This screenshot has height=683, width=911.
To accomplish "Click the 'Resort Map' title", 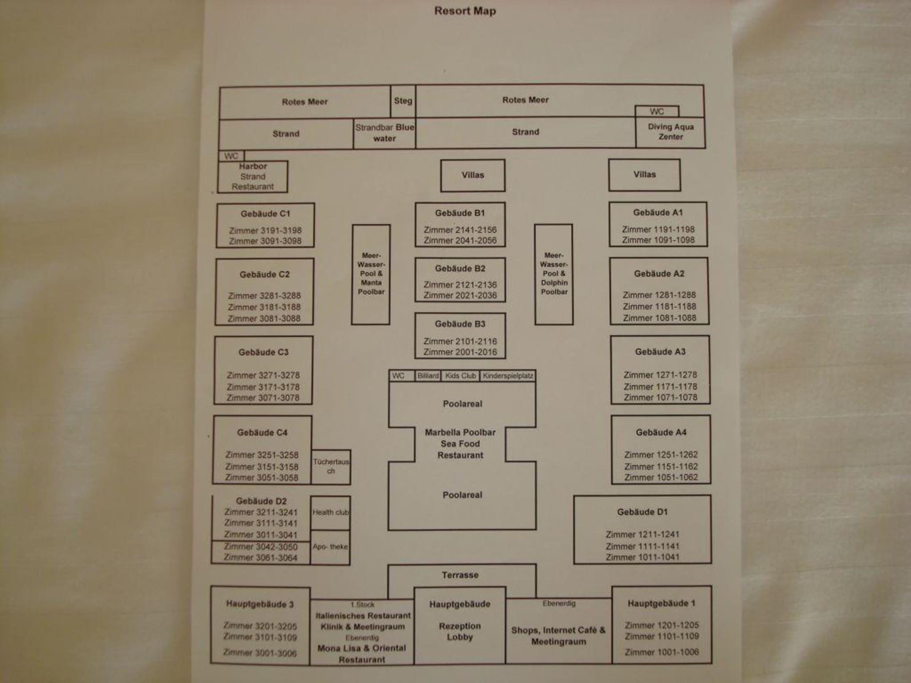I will tap(465, 11).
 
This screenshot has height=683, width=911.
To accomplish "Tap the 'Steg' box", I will tap(403, 101).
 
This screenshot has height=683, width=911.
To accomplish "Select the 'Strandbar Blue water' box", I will tap(384, 133).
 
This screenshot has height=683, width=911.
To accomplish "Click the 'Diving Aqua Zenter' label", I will tap(671, 132).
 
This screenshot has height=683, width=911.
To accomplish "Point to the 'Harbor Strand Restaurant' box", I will tap(253, 177).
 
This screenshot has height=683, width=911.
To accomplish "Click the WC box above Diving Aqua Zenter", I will tap(657, 111).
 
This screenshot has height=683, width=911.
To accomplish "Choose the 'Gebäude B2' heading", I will tap(460, 269).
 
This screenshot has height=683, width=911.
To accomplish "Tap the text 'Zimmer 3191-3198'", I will tap(265, 231).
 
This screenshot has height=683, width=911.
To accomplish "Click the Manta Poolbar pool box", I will tap(371, 274).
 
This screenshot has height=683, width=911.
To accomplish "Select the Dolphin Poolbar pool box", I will tap(554, 274).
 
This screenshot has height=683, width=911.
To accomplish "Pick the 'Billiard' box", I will tap(428, 376).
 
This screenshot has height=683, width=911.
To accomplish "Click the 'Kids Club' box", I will tap(460, 376).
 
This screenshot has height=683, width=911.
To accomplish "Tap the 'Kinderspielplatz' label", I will tap(508, 376).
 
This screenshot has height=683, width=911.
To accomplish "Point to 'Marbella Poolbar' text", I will tap(460, 432).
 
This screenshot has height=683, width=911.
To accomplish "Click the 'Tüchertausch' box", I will tap(331, 466).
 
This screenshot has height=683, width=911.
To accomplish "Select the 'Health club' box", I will tap(330, 513).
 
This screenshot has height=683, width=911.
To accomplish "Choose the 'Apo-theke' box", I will tap(330, 547).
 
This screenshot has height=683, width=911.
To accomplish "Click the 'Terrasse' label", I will tap(460, 575).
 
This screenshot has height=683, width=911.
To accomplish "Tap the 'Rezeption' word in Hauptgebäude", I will tap(460, 626).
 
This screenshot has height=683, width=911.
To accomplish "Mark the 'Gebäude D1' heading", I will tap(642, 512).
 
